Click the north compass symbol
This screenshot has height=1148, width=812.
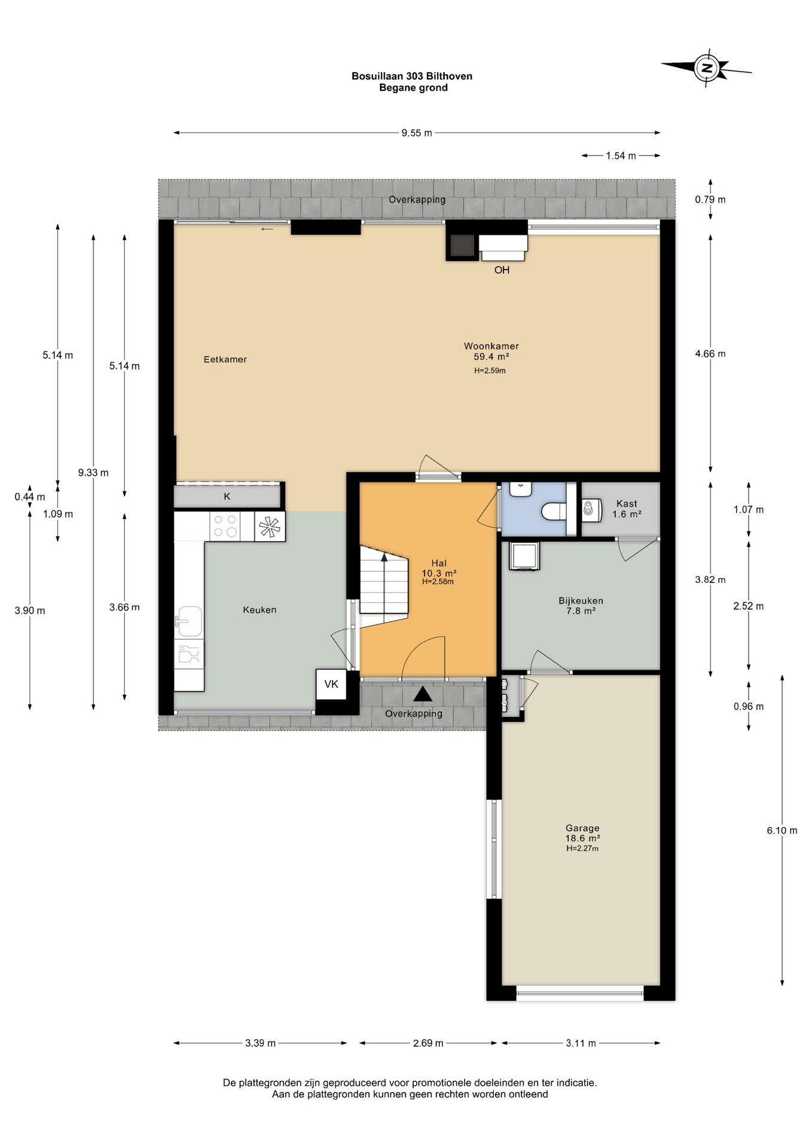click(707, 68)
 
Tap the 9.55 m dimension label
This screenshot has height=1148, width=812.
click(417, 133)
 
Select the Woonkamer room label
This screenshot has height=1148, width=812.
click(492, 346)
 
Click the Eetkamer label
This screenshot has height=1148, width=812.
click(225, 359)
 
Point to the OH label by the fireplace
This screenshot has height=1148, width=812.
click(502, 270)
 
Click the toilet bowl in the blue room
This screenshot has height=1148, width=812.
click(553, 512)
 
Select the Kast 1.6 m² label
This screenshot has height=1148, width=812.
click(627, 509)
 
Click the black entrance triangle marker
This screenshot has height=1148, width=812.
click(423, 694)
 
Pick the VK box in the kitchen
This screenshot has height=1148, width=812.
click(331, 684)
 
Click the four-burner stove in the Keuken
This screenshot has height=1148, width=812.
click(225, 527)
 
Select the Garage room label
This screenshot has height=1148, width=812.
click(582, 828)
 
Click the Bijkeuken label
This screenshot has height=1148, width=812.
click(581, 601)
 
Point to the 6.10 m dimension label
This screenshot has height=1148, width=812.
click(782, 831)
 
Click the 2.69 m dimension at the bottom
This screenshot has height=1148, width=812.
click(428, 1043)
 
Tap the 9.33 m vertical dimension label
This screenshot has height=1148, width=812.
click(93, 472)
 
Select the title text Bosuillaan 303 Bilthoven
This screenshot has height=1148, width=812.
click(412, 76)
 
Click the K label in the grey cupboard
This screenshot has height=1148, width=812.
click(227, 496)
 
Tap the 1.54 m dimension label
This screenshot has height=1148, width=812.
click(621, 156)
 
